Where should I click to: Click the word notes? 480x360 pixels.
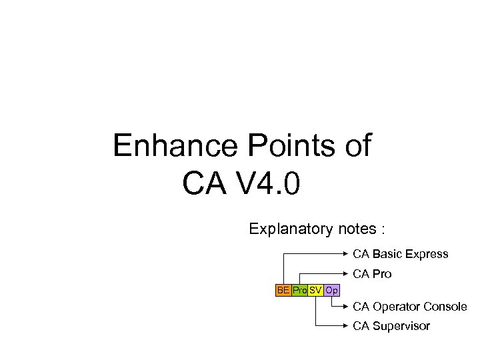click(x=355, y=229)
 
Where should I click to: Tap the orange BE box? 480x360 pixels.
click(x=284, y=291)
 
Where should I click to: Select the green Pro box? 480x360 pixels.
click(x=299, y=291)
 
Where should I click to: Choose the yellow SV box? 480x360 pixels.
click(x=315, y=291)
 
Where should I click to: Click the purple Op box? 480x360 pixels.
click(x=332, y=291)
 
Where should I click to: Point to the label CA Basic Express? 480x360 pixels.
click(x=401, y=254)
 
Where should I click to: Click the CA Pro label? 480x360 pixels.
click(x=372, y=274)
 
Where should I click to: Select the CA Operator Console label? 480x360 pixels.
click(x=409, y=307)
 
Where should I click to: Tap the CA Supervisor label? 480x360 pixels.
click(x=391, y=326)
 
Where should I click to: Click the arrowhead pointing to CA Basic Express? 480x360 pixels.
click(x=347, y=254)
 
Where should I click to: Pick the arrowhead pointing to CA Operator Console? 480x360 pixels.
click(x=347, y=307)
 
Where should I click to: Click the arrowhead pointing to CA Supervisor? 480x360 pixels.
click(x=347, y=326)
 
